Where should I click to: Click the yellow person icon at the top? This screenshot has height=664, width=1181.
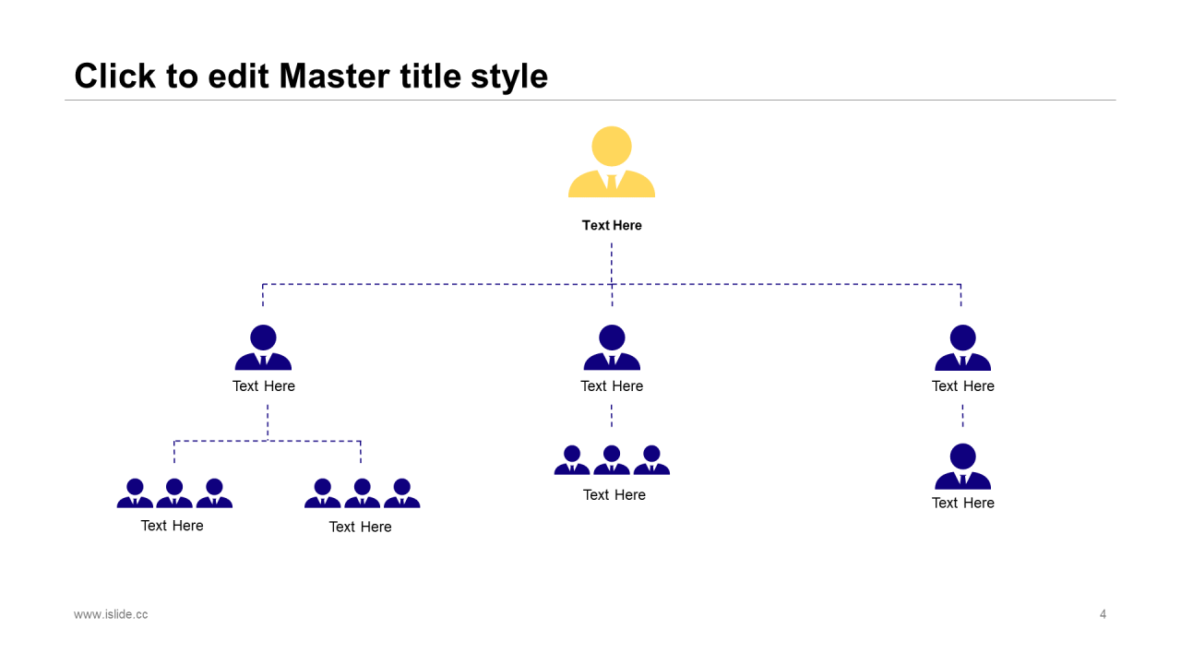point(612,164)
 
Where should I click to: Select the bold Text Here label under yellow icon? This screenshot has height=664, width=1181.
point(612,225)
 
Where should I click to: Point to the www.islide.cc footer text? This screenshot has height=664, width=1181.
point(111,614)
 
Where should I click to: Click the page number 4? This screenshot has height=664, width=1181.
point(1103,614)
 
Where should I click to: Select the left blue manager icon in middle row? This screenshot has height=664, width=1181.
point(263,348)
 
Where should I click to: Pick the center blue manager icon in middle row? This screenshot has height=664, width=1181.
point(612,348)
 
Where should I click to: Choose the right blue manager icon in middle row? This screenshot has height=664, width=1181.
point(962,348)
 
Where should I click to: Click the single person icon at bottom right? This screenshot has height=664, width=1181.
point(962,467)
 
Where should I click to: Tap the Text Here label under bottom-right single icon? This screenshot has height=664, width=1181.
point(962,503)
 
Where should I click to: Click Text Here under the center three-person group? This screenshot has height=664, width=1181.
point(614,495)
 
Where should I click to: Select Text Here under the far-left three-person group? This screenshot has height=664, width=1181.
point(172,526)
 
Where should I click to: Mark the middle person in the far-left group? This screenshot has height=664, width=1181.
point(174,493)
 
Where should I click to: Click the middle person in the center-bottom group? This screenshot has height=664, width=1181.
point(612,460)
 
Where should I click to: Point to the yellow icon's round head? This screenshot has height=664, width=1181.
point(612,147)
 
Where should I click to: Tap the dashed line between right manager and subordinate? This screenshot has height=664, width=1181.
point(962,415)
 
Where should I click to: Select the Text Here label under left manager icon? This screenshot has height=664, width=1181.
point(263,385)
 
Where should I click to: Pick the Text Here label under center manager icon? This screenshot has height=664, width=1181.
point(612,385)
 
